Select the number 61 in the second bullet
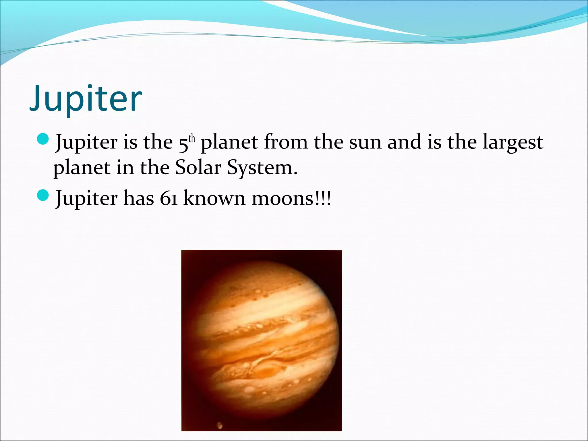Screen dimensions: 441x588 click(169, 198)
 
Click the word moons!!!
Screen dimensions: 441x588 click(291, 198)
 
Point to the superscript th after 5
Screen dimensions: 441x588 click(192, 139)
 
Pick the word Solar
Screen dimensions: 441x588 click(198, 167)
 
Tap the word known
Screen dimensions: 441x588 click(214, 198)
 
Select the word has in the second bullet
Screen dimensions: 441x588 click(139, 198)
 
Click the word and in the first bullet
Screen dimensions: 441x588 click(404, 142)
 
